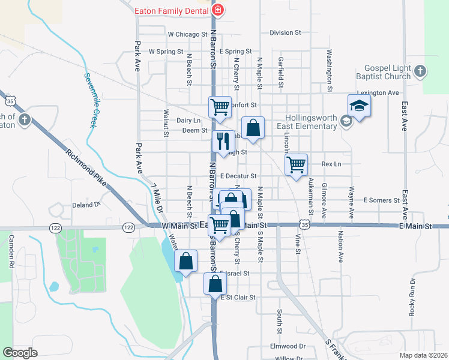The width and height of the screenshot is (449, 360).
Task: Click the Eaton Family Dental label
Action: pyautogui.click(x=171, y=10)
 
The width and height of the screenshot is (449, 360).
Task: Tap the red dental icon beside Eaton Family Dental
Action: pyautogui.click(x=218, y=10)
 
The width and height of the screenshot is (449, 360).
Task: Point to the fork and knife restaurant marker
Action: pyautogui.click(x=223, y=142)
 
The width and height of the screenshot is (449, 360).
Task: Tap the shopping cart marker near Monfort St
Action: pyautogui.click(x=220, y=107)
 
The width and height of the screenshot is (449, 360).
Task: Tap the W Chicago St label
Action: pyautogui.click(x=187, y=34)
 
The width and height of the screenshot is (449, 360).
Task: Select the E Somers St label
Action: pyautogui.click(x=381, y=200)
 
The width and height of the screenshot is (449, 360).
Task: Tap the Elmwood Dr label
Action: pyautogui.click(x=288, y=346)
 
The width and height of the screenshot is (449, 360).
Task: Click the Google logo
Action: pyautogui.click(x=20, y=352)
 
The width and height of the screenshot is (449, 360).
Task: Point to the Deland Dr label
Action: pyautogui.click(x=85, y=205)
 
